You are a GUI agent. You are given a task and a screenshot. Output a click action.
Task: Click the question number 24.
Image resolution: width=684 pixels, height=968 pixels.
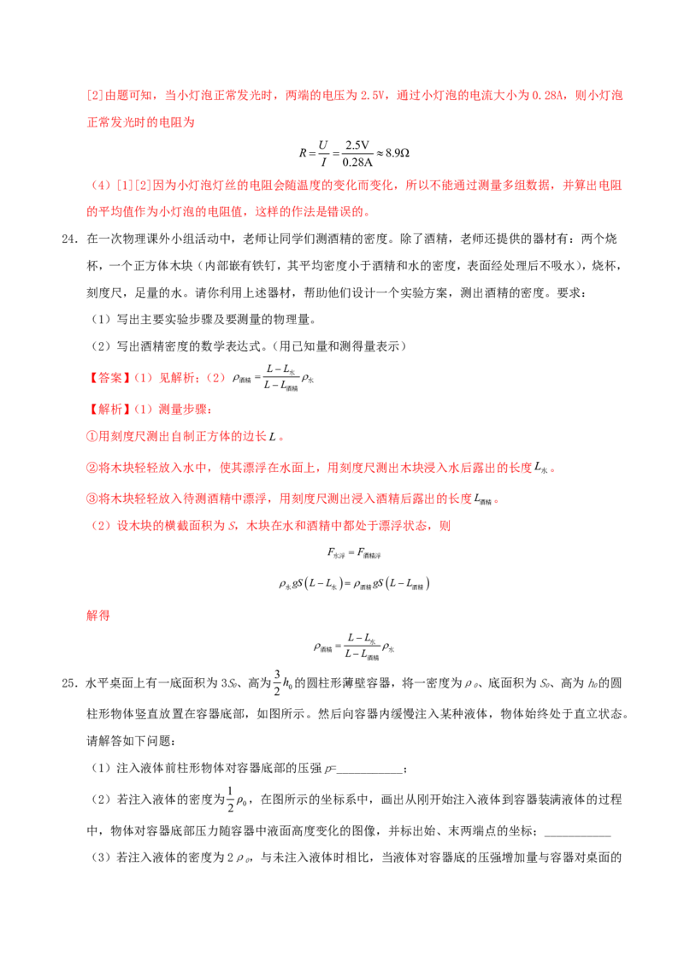click(x=69, y=239)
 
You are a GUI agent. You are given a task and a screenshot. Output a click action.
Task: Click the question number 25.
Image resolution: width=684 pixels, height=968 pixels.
click(x=69, y=683)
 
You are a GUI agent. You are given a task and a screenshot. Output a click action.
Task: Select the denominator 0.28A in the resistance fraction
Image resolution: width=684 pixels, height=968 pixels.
click(x=357, y=162)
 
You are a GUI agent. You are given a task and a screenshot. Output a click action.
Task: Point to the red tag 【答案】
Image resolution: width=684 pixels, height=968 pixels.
click(x=107, y=378)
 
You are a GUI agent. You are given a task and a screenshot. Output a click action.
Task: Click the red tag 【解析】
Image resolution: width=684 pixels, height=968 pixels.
click(x=107, y=409)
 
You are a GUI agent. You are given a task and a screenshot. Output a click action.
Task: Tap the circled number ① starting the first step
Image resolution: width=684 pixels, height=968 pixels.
click(x=92, y=436)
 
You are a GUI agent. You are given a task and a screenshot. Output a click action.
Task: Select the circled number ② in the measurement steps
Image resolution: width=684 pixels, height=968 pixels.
click(x=92, y=468)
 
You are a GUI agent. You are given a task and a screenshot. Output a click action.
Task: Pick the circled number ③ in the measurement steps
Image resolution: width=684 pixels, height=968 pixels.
click(x=92, y=499)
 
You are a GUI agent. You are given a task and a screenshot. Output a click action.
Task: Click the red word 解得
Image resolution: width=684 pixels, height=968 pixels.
click(x=98, y=615)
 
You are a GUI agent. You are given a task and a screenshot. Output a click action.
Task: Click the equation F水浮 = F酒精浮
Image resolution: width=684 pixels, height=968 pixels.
click(x=354, y=553)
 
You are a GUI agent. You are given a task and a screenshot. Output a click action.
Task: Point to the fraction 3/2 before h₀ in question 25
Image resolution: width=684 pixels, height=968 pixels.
click(x=277, y=682)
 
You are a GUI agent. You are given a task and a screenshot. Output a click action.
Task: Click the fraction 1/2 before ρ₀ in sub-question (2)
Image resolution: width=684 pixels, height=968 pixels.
click(x=231, y=800)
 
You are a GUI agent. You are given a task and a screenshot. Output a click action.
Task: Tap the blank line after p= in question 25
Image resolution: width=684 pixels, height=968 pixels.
click(x=369, y=772)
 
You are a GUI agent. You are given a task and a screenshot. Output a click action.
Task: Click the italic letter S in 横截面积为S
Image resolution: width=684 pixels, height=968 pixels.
click(x=232, y=526)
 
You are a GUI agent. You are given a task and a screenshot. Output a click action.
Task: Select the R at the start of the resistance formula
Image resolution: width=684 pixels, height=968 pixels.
click(x=304, y=152)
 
